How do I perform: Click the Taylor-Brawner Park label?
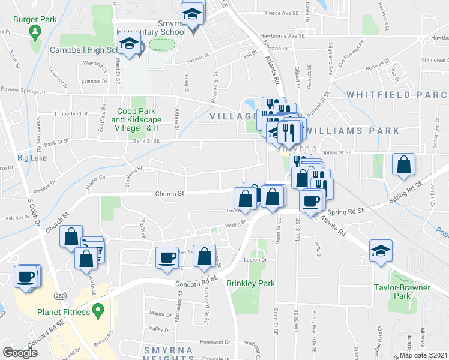pyautogui.click(x=403, y=292)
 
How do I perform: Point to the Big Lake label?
pyautogui.click(x=32, y=158)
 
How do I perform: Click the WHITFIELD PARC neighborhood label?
pyautogui.click(x=397, y=95)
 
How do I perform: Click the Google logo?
pyautogui.click(x=20, y=353)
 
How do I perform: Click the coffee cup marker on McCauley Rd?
pyautogui.click(x=167, y=257)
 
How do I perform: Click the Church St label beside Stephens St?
pyautogui.click(x=169, y=194)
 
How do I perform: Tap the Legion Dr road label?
pyautogui.click(x=255, y=260)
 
